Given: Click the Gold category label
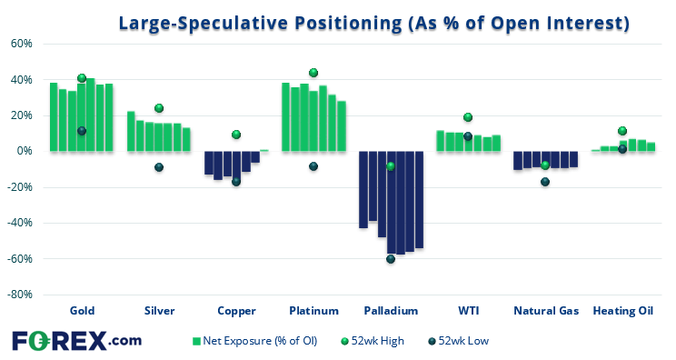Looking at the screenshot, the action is pyautogui.click(x=82, y=311).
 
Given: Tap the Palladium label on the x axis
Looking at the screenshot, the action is pyautogui.click(x=391, y=311).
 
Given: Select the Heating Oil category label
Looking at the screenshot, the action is pyautogui.click(x=623, y=311).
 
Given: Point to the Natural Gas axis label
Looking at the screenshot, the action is pyautogui.click(x=546, y=311).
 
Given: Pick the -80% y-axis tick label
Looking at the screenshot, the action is pyautogui.click(x=20, y=295).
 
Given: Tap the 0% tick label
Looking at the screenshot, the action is pyautogui.click(x=25, y=151).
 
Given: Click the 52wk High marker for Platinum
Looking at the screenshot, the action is pyautogui.click(x=313, y=73).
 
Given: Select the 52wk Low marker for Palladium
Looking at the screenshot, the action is pyautogui.click(x=391, y=259).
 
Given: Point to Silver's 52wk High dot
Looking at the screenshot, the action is pyautogui.click(x=159, y=108).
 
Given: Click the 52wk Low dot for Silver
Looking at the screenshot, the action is pyautogui.click(x=159, y=167).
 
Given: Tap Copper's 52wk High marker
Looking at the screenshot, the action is pyautogui.click(x=236, y=135).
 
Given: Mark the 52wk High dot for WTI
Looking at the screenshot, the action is pyautogui.click(x=468, y=117).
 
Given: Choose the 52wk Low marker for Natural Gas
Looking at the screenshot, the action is pyautogui.click(x=545, y=182).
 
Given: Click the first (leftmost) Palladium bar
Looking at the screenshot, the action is pyautogui.click(x=363, y=189).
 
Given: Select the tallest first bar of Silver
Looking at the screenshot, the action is pyautogui.click(x=131, y=131).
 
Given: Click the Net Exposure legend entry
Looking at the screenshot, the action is pyautogui.click(x=254, y=341).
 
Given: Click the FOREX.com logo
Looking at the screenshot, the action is pyautogui.click(x=76, y=341).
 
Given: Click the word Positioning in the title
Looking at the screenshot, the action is pyautogui.click(x=348, y=24).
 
